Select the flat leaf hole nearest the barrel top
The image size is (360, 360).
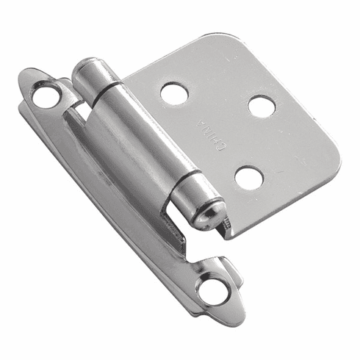pyautogui.click(x=173, y=93)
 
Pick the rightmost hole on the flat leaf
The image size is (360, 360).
pyautogui.click(x=262, y=107)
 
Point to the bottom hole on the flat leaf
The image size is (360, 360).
pyautogui.click(x=250, y=177)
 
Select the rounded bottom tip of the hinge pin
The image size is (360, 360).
pyautogui.click(x=209, y=216)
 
